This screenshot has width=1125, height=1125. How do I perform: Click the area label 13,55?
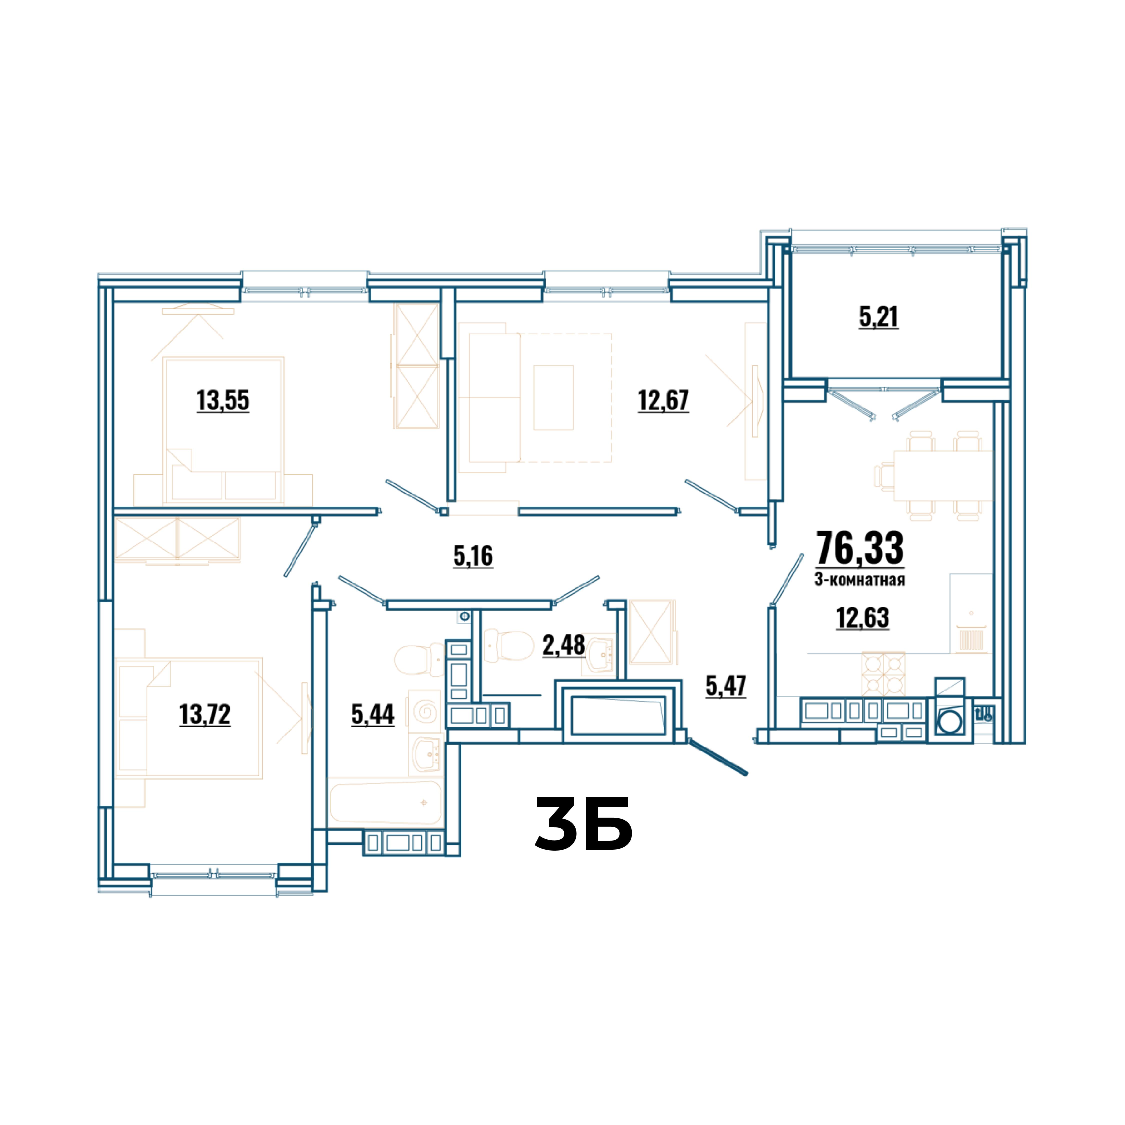(x=223, y=400)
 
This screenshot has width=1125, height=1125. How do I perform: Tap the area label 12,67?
(x=663, y=400)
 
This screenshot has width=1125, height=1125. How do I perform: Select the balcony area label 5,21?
(x=879, y=317)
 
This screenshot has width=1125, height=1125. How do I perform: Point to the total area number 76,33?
(x=860, y=548)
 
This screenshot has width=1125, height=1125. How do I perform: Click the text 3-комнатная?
(x=859, y=579)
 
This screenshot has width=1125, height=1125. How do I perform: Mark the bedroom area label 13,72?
(x=205, y=714)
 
